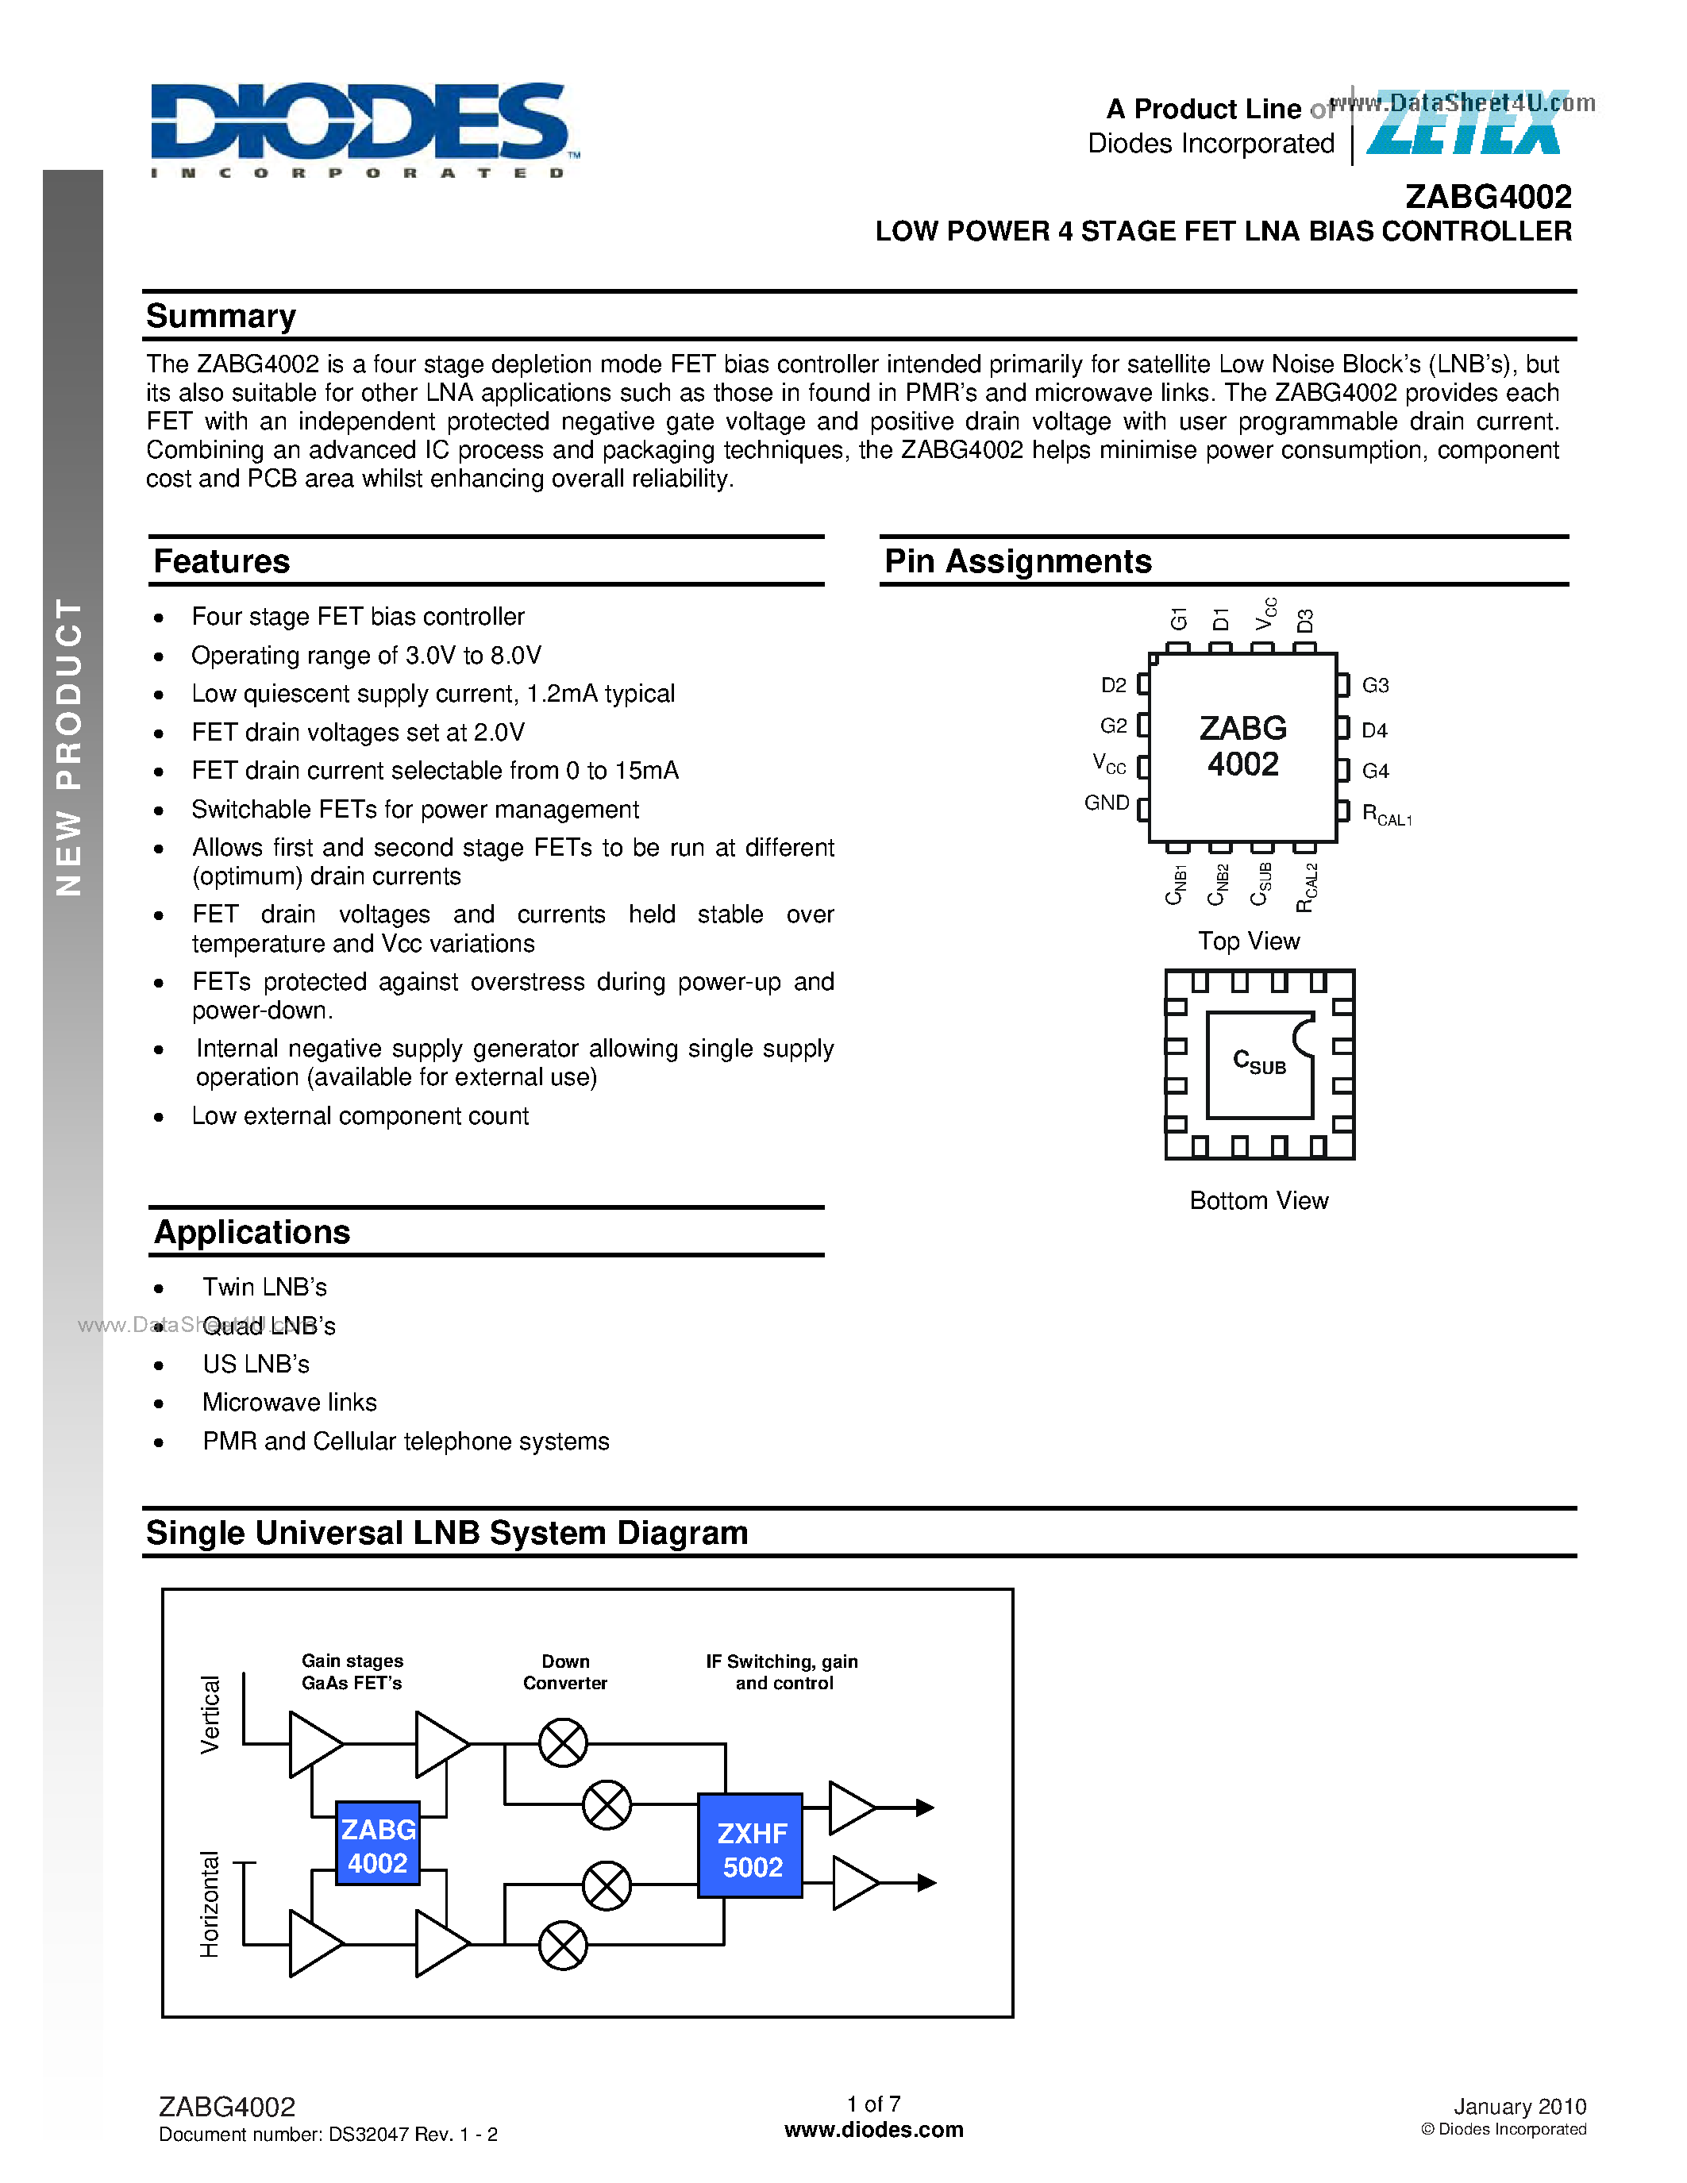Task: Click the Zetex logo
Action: tap(1466, 124)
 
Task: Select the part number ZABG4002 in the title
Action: tap(1487, 197)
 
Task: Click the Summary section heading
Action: tap(221, 316)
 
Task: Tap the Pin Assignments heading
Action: tap(1018, 562)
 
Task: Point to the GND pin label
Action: tap(1107, 803)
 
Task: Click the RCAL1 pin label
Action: tap(1386, 814)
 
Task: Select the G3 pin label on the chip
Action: tap(1375, 686)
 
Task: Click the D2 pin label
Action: tap(1113, 686)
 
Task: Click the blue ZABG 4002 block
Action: tap(378, 1845)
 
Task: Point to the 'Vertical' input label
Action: tap(210, 1714)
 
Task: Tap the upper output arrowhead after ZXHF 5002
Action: tap(926, 1808)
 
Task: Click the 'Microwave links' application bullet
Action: tap(289, 1403)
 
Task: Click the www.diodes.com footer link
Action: tap(873, 2130)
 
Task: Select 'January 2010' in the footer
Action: tap(1519, 2106)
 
